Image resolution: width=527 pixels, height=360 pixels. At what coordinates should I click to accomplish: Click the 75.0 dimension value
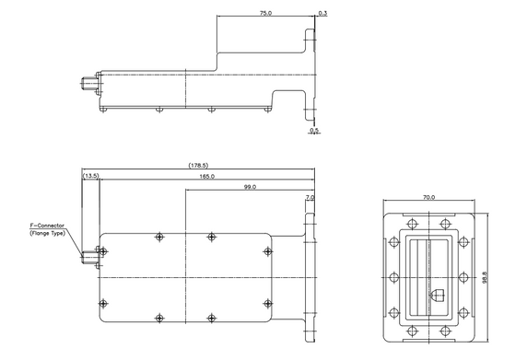(265, 14)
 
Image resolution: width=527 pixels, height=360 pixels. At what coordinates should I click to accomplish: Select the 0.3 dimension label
(322, 14)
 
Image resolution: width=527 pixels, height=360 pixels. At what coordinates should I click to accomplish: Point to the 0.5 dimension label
(314, 131)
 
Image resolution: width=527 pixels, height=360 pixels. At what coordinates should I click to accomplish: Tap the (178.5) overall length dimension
(199, 166)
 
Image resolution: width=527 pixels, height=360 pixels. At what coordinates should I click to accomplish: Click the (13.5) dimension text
(91, 176)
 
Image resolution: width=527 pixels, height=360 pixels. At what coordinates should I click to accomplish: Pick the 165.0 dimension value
(206, 176)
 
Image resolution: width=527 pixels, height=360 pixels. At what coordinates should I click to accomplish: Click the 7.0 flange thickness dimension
(309, 197)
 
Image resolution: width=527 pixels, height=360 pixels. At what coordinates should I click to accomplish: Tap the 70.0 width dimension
(429, 196)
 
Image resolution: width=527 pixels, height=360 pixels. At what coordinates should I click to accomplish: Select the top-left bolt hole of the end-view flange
(406, 222)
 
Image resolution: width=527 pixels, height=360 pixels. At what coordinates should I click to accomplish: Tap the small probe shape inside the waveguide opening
(439, 295)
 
